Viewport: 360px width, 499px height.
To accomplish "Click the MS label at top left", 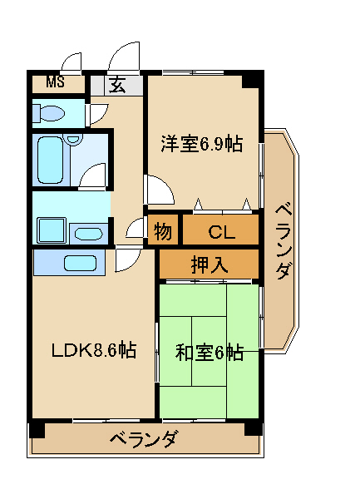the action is click(56, 82).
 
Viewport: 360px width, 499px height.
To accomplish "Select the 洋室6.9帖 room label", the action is click(202, 144).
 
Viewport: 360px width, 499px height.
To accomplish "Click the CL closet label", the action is click(222, 232).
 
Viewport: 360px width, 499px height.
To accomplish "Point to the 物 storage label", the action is click(163, 231).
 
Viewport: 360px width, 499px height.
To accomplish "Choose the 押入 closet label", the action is click(210, 264).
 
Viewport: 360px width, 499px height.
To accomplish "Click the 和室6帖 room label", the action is click(210, 353).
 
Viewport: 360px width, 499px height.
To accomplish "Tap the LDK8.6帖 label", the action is click(94, 350).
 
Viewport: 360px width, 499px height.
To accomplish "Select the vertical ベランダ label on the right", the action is click(283, 243).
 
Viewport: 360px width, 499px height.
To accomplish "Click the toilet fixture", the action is click(49, 113).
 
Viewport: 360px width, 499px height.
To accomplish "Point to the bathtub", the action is click(50, 160).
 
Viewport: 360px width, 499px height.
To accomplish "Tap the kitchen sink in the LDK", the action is click(80, 263).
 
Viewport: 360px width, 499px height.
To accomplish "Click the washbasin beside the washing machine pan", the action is click(89, 235).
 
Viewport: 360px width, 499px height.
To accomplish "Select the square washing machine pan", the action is click(52, 230).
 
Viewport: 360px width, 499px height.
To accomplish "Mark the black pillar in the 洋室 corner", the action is click(252, 80).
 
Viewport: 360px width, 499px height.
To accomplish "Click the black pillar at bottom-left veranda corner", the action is click(37, 430).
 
